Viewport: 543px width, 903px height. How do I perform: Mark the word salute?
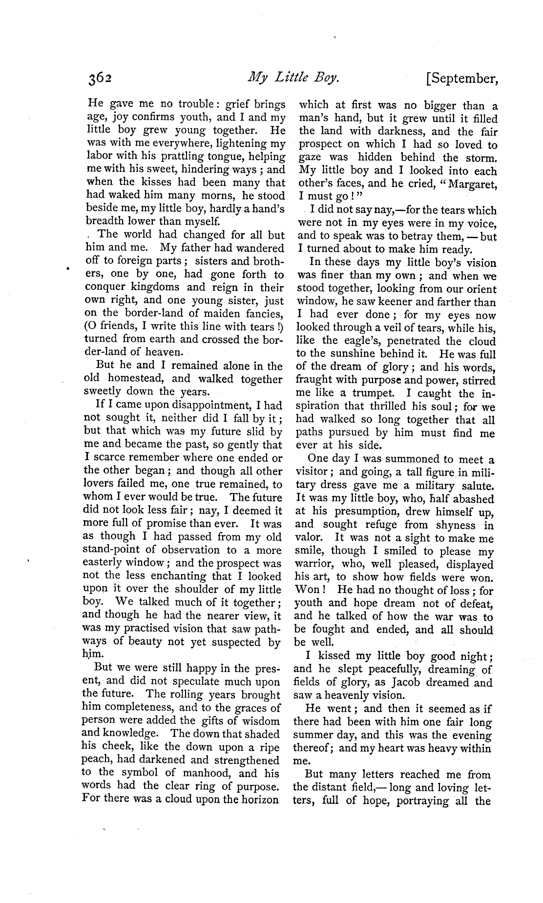pos(477,486)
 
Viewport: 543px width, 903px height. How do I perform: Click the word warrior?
pos(315,565)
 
